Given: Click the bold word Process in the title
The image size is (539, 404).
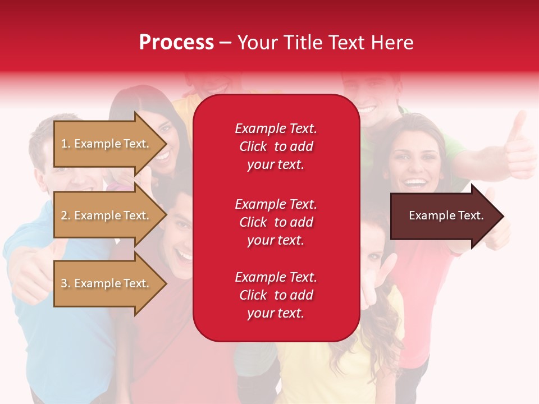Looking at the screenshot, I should tap(176, 43).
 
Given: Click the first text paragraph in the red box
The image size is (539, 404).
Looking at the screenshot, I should tap(276, 146).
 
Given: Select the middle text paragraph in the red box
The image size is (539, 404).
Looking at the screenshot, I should tap(276, 222).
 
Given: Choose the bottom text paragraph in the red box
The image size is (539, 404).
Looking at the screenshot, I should tap(276, 295).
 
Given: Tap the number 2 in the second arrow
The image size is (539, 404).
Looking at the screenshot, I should tap(64, 215).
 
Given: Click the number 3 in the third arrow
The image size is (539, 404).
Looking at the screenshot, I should tap(64, 283).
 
